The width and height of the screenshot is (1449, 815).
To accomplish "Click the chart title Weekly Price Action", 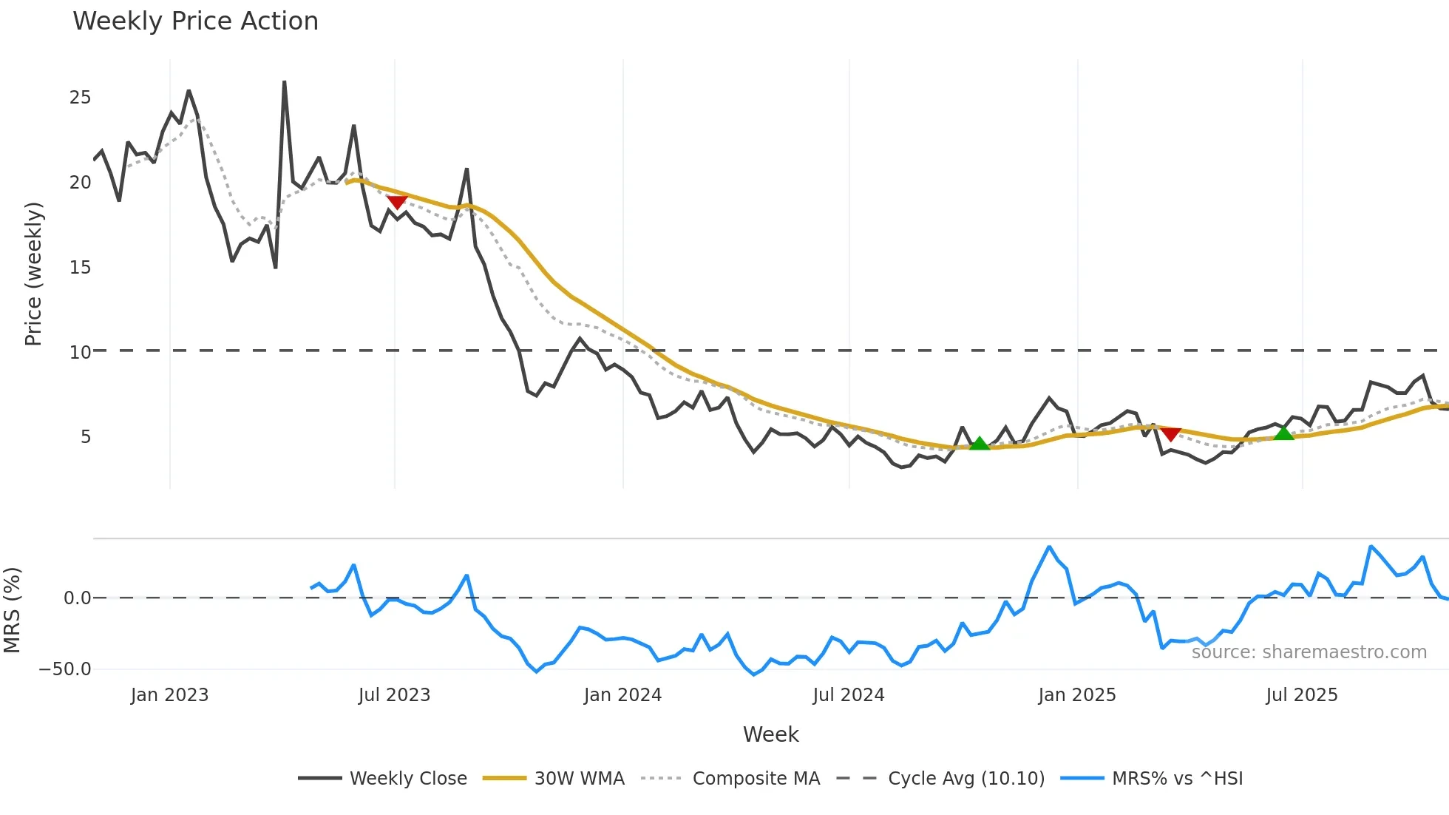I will tap(195, 21).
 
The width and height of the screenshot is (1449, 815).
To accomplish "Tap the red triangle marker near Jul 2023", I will tap(397, 201).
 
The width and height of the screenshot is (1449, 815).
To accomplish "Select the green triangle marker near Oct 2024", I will tap(979, 444).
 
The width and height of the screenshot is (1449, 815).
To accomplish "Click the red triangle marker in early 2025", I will tap(1170, 433).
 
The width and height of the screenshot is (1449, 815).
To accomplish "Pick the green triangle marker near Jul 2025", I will tap(1284, 433).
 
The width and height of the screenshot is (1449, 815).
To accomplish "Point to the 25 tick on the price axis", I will tap(80, 98).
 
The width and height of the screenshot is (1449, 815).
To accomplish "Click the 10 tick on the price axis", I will tap(80, 352).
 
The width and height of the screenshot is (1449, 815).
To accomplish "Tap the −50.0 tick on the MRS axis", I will tap(65, 669).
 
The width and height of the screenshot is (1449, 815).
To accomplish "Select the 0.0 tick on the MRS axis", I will tap(77, 598).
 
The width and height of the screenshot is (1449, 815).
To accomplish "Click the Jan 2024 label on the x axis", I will tap(622, 695).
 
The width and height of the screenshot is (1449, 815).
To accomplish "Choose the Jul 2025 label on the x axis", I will tap(1301, 695).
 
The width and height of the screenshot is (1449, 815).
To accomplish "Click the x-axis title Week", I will tap(770, 734).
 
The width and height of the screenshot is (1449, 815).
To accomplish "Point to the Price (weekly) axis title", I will tap(33, 274).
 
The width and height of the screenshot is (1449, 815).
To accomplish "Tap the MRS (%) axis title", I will tap(12, 610).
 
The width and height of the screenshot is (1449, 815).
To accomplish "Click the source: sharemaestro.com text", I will tap(1309, 652).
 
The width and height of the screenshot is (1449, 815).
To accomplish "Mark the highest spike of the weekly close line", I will tap(285, 82).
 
